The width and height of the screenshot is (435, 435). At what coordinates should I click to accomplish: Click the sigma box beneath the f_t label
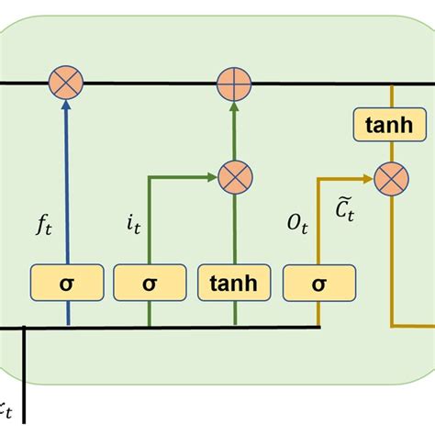[x=68, y=284]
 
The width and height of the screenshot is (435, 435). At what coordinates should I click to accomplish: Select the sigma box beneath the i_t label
[x=150, y=284]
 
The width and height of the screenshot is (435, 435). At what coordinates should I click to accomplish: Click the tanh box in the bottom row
[x=234, y=284]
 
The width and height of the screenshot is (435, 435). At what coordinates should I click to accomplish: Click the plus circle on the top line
[x=234, y=84]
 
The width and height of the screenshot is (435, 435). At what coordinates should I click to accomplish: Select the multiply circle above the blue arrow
[x=68, y=84]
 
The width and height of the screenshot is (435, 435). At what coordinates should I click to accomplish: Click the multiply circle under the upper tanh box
[x=390, y=177]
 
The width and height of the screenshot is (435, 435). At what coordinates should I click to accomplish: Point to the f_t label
[x=43, y=223]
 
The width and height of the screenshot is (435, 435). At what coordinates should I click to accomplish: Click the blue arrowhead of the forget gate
[x=68, y=106]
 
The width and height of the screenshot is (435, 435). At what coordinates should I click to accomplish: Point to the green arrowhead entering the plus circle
[x=234, y=106]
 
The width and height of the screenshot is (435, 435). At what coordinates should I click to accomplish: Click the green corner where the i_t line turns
[x=150, y=177]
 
